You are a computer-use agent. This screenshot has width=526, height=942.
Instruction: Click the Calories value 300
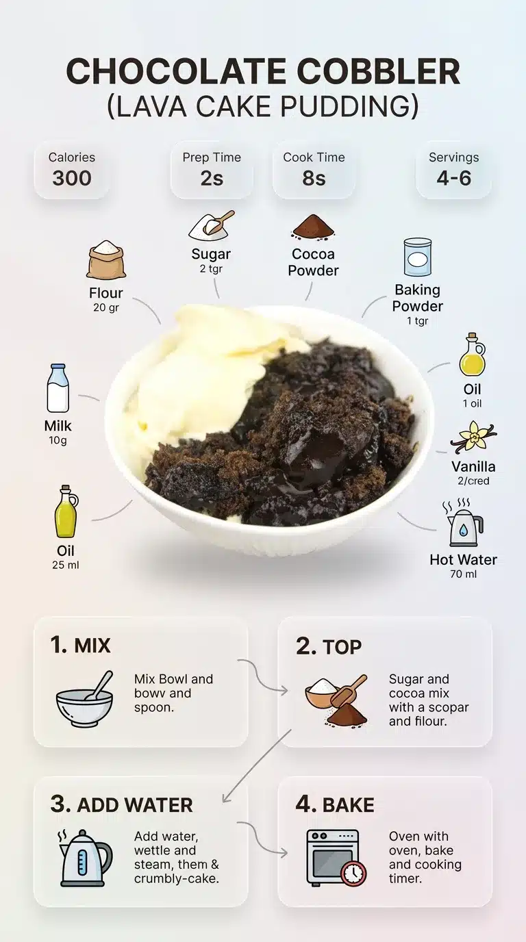pyautogui.click(x=72, y=178)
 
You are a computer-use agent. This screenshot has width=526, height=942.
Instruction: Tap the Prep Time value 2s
pyautogui.click(x=211, y=178)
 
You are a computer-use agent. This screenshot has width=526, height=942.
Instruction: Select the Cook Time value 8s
pyautogui.click(x=314, y=178)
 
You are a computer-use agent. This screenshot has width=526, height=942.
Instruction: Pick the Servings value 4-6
pyautogui.click(x=454, y=178)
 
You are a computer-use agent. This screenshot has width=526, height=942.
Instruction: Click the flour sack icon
pyautogui.click(x=106, y=260)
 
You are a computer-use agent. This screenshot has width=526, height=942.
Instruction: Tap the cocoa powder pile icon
pyautogui.click(x=313, y=227)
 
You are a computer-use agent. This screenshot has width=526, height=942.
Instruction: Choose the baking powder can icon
pyautogui.click(x=417, y=257)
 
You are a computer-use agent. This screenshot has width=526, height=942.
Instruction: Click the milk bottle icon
pyautogui.click(x=58, y=388)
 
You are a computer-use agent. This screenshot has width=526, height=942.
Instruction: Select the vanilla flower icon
pyautogui.click(x=473, y=437)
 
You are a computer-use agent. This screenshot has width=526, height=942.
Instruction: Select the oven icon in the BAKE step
pyautogui.click(x=334, y=856)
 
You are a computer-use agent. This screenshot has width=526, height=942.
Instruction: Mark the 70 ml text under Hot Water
pyautogui.click(x=463, y=574)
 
